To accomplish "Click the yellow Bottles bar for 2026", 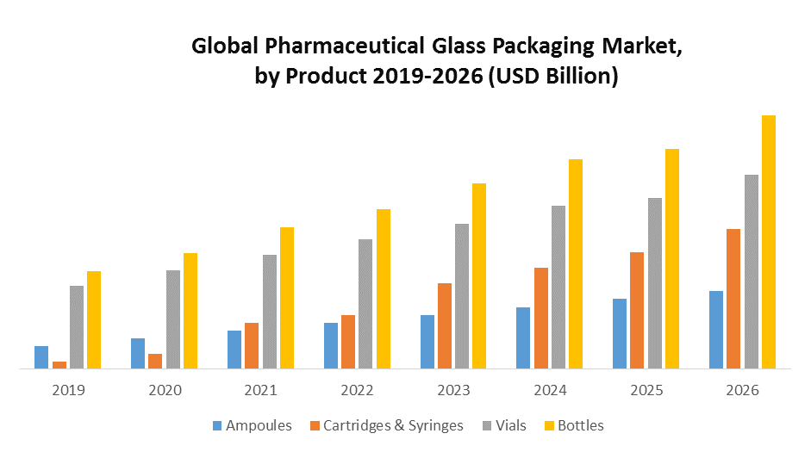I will pyautogui.click(x=769, y=242).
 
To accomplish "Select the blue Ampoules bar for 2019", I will pyautogui.click(x=41, y=357).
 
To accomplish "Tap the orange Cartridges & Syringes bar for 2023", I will pyautogui.click(x=445, y=325).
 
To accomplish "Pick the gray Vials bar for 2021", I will pyautogui.click(x=270, y=312).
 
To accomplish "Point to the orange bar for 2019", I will pyautogui.click(x=59, y=365).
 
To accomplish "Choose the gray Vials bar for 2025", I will pyautogui.click(x=655, y=283).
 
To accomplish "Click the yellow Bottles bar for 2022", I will pyautogui.click(x=384, y=288).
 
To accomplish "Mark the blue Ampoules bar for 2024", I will pyautogui.click(x=523, y=337).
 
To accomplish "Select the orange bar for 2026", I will pyautogui.click(x=733, y=299).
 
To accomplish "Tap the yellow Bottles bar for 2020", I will pyautogui.click(x=190, y=311).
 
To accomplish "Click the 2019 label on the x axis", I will pyautogui.click(x=68, y=390).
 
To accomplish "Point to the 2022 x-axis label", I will pyautogui.click(x=357, y=390).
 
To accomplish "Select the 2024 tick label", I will pyautogui.click(x=550, y=390).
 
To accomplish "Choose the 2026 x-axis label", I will pyautogui.click(x=743, y=390).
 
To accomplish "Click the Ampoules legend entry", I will pyautogui.click(x=252, y=425).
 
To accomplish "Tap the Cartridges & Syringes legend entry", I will pyautogui.click(x=385, y=425).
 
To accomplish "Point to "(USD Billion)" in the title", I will pyautogui.click(x=553, y=76).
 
